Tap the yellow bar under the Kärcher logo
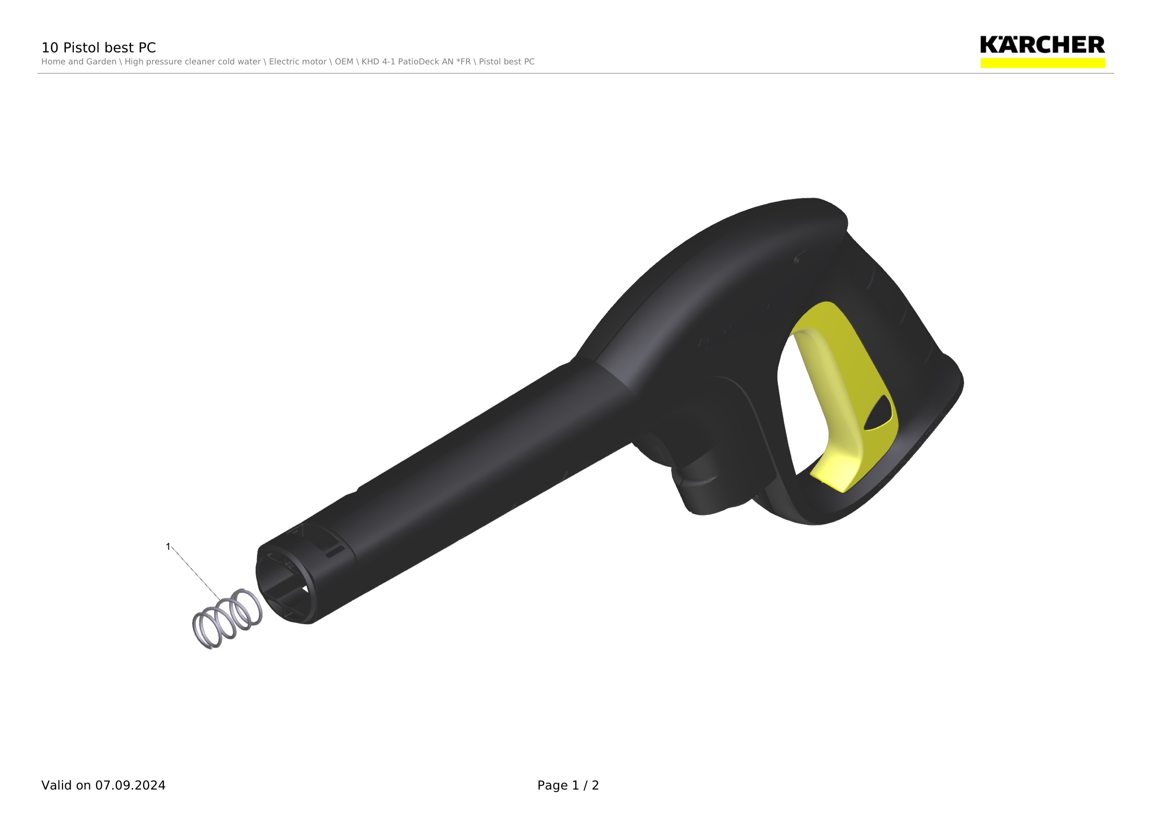pos(1043,63)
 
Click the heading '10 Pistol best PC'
pos(98,48)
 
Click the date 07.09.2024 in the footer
pos(131,785)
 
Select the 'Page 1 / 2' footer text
pos(568,785)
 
